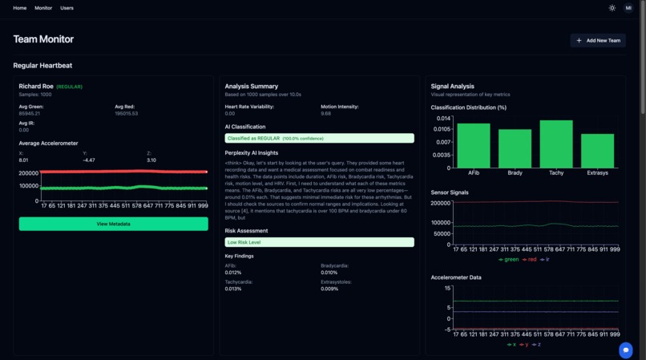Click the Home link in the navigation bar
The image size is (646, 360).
[x=20, y=8]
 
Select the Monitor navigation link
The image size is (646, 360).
[x=43, y=8]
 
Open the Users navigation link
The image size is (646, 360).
[x=67, y=8]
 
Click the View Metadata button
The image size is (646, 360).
[x=113, y=224]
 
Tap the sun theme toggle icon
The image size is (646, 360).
[x=612, y=8]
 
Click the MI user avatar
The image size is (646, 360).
[x=628, y=8]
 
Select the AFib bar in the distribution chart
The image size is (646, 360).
[x=474, y=145]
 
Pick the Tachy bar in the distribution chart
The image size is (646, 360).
[x=556, y=144]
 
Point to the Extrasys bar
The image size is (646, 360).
[x=597, y=151]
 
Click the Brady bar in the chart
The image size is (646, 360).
[x=515, y=148]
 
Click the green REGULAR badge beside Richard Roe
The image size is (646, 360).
[x=69, y=87]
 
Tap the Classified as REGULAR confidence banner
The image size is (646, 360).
[x=319, y=138]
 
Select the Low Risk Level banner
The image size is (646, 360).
[x=319, y=242]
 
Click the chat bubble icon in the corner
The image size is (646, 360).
[x=625, y=350]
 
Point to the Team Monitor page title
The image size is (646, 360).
[x=43, y=39]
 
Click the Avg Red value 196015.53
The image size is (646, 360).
[x=127, y=114]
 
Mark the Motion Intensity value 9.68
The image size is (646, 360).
[x=325, y=114]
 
